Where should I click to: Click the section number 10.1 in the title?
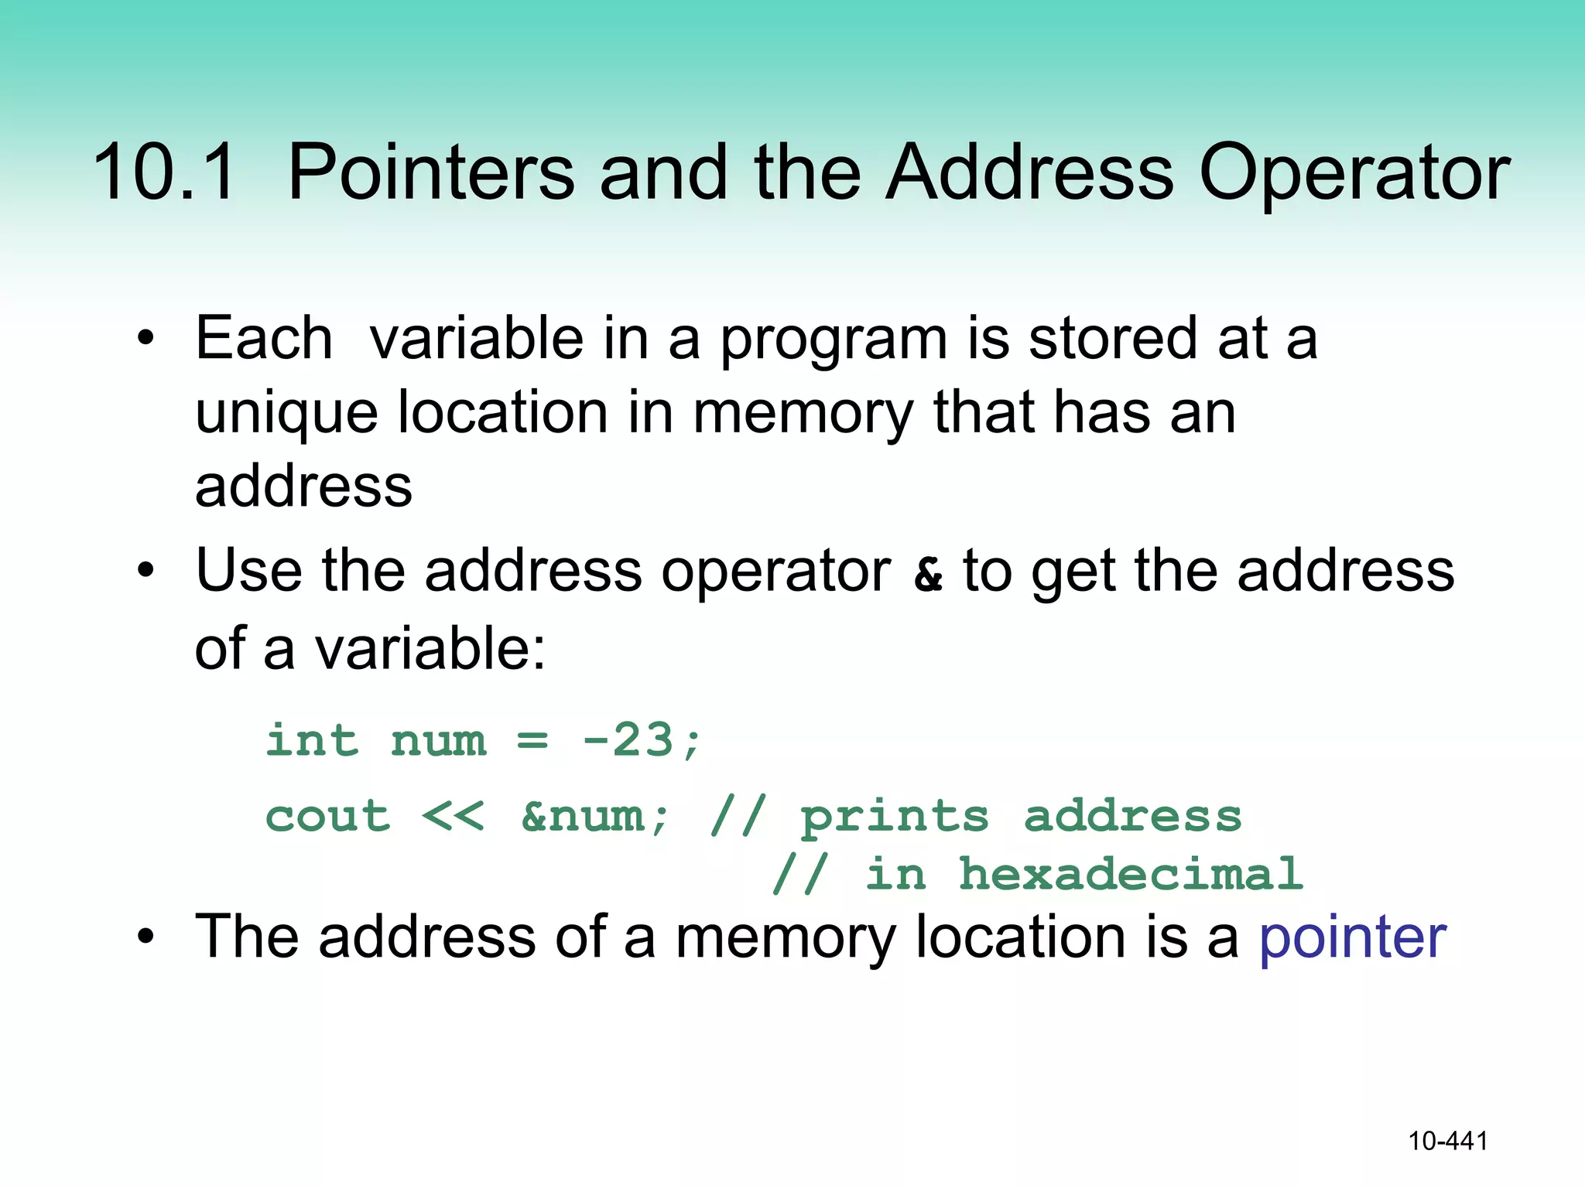coord(164,172)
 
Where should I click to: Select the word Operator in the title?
coord(1354,172)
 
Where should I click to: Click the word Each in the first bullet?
coord(264,339)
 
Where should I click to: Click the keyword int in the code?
coord(312,740)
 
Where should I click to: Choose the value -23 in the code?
coord(628,740)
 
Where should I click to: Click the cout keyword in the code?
coord(327,816)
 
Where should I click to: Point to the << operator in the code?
coord(454,816)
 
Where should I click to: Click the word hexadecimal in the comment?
coord(1131,875)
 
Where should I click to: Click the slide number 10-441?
coord(1447,1141)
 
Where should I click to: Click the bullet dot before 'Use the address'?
coord(145,572)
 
